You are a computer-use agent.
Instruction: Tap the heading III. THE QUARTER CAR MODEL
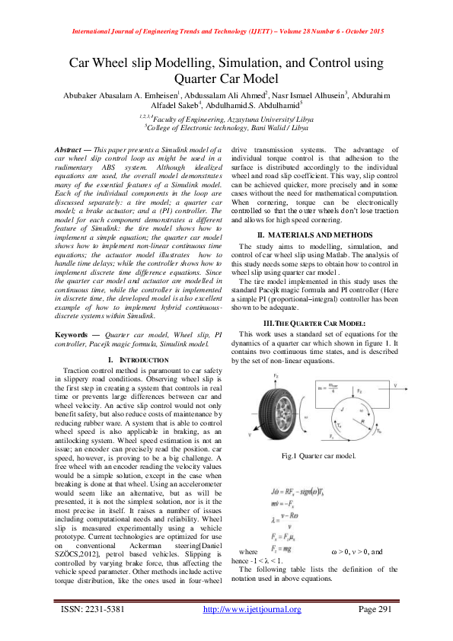click(x=314, y=302)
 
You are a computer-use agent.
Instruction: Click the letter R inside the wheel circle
click(x=361, y=418)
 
